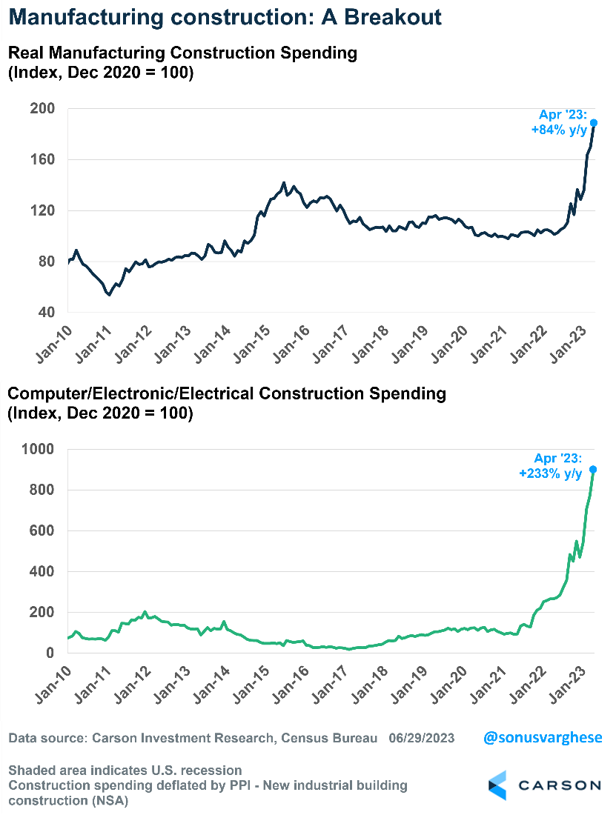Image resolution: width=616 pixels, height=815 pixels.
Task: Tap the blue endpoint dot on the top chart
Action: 594,122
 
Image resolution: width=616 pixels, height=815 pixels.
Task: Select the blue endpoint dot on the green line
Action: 594,469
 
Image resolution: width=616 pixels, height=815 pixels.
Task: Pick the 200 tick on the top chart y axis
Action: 44,109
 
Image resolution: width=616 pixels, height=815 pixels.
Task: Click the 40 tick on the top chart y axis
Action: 47,313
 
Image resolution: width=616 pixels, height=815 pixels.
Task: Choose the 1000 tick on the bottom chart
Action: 40,449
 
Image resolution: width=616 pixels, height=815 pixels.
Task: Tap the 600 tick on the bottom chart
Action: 44,531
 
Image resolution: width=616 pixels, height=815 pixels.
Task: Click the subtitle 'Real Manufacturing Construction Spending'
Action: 182,53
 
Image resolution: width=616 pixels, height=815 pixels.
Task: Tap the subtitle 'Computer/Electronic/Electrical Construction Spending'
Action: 227,393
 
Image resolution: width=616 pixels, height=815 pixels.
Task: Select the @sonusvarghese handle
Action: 543,738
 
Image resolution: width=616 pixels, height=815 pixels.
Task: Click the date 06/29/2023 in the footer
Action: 422,739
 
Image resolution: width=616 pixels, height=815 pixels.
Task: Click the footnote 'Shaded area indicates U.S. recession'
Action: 125,770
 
